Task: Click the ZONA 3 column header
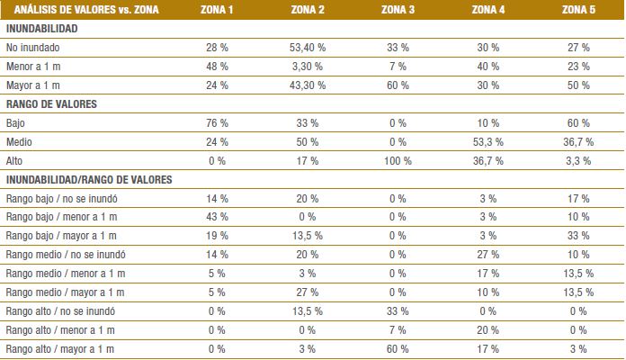(x=398, y=10)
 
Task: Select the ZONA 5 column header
(x=578, y=10)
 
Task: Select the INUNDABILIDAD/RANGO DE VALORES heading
(x=88, y=179)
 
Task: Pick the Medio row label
(x=20, y=141)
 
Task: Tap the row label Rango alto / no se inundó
(x=60, y=310)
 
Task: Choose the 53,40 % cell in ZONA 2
(x=307, y=47)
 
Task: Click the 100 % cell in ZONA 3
(x=397, y=160)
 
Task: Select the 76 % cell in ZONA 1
(x=217, y=122)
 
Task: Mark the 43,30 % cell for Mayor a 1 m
(x=307, y=85)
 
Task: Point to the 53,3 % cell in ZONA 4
(x=487, y=141)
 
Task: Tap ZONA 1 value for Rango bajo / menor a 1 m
(x=217, y=216)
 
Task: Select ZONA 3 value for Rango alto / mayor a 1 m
(x=397, y=348)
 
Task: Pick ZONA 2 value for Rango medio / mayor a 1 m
(x=307, y=292)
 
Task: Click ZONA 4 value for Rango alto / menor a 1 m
(x=487, y=329)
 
